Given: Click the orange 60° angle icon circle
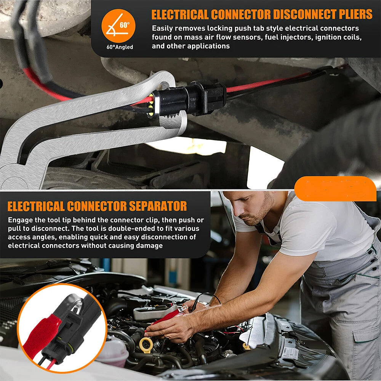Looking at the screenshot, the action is [x=118, y=26].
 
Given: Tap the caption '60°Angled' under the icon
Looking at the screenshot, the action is [x=120, y=47].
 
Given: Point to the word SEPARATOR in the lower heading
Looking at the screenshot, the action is [x=158, y=206].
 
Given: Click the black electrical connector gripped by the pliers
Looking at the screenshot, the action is [x=187, y=99].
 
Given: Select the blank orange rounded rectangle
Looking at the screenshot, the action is [x=335, y=189].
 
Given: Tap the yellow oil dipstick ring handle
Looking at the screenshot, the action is [x=146, y=345].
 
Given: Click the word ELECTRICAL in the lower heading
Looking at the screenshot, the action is [x=36, y=206].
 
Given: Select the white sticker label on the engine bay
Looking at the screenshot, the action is [x=290, y=353].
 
